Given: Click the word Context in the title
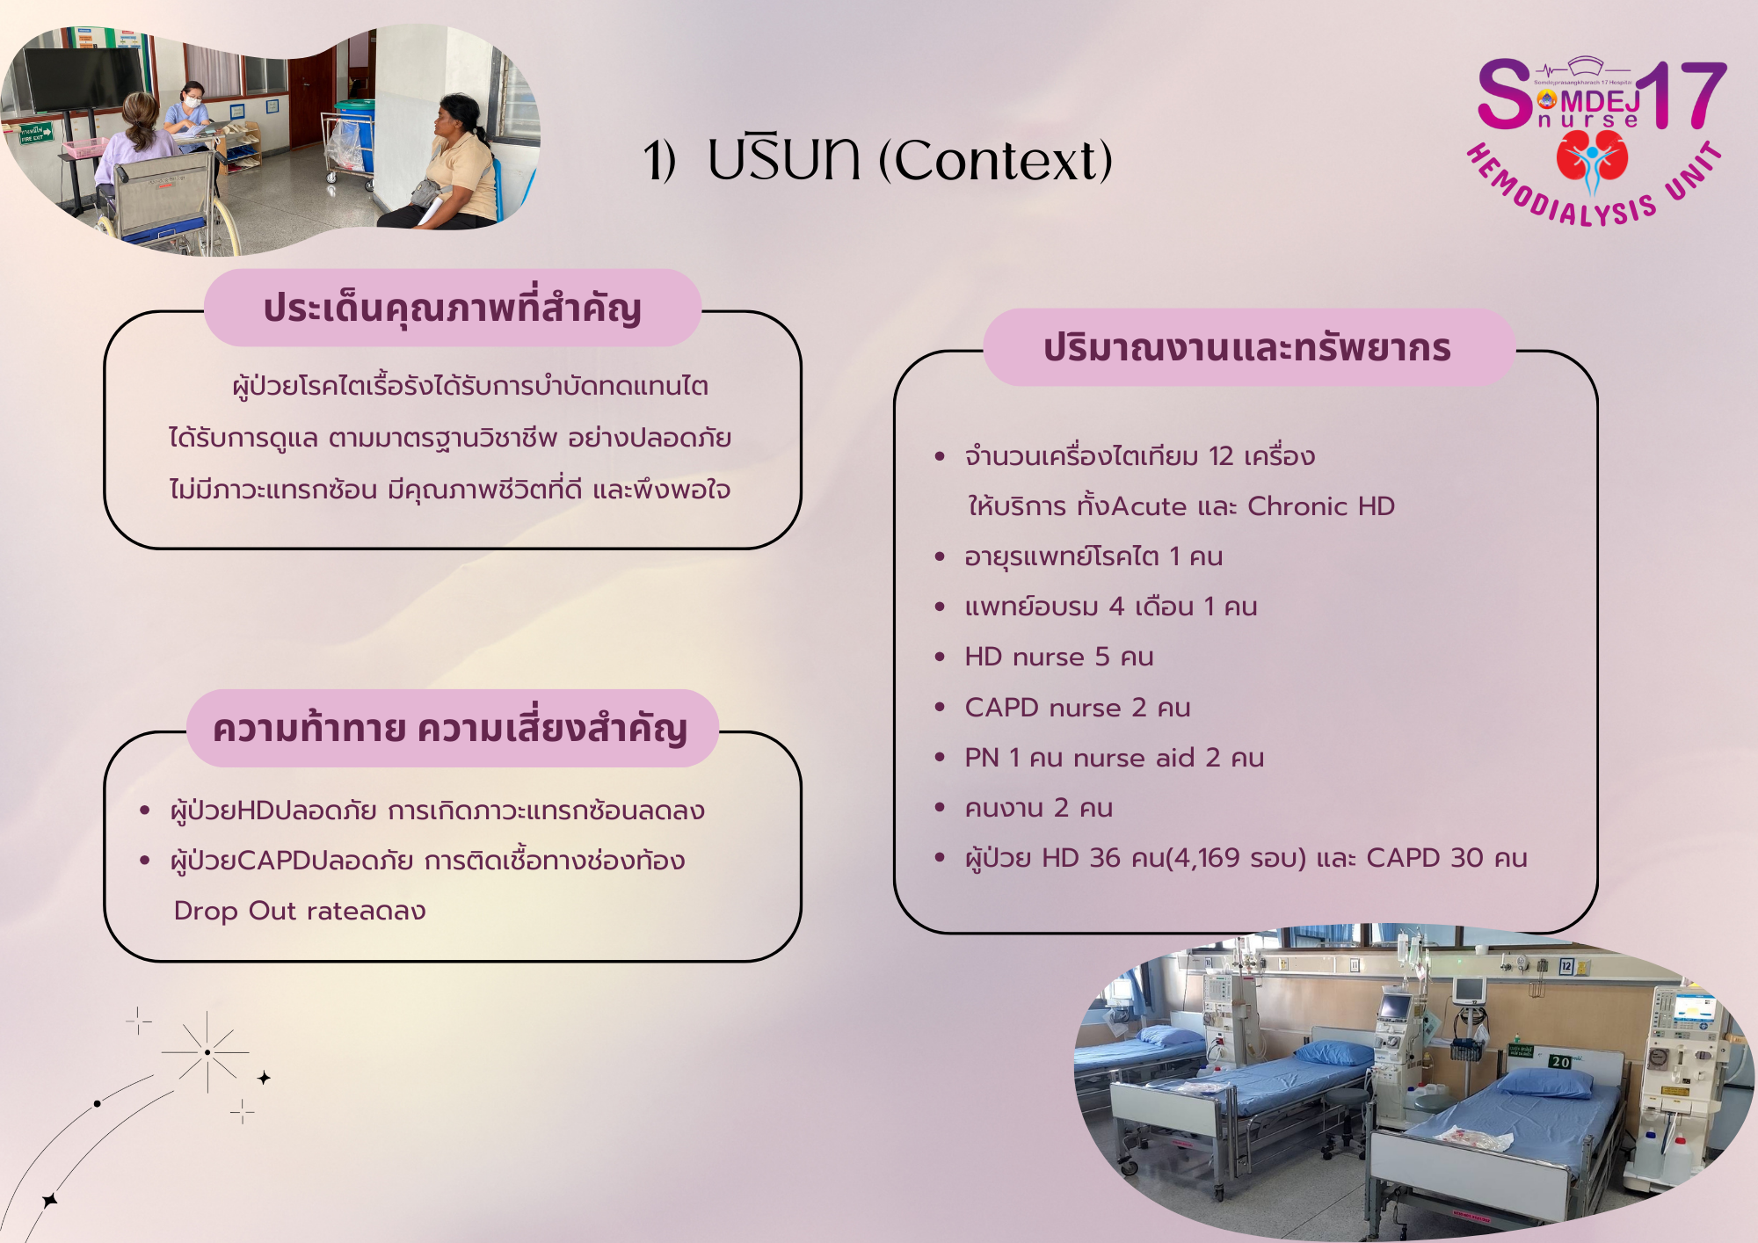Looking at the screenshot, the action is tap(996, 160).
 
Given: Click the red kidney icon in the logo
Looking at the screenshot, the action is tap(1592, 156).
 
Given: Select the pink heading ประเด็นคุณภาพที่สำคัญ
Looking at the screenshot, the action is tap(453, 309).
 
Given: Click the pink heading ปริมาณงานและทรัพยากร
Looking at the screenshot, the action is tap(1247, 348).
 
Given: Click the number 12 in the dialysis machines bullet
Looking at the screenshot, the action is tap(1221, 456).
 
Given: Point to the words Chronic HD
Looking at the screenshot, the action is tap(1320, 506).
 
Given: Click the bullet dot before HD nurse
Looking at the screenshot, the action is tap(940, 657).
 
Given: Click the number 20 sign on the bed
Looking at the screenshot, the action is tap(1560, 1062).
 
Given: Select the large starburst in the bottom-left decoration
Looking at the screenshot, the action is tap(207, 1052).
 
